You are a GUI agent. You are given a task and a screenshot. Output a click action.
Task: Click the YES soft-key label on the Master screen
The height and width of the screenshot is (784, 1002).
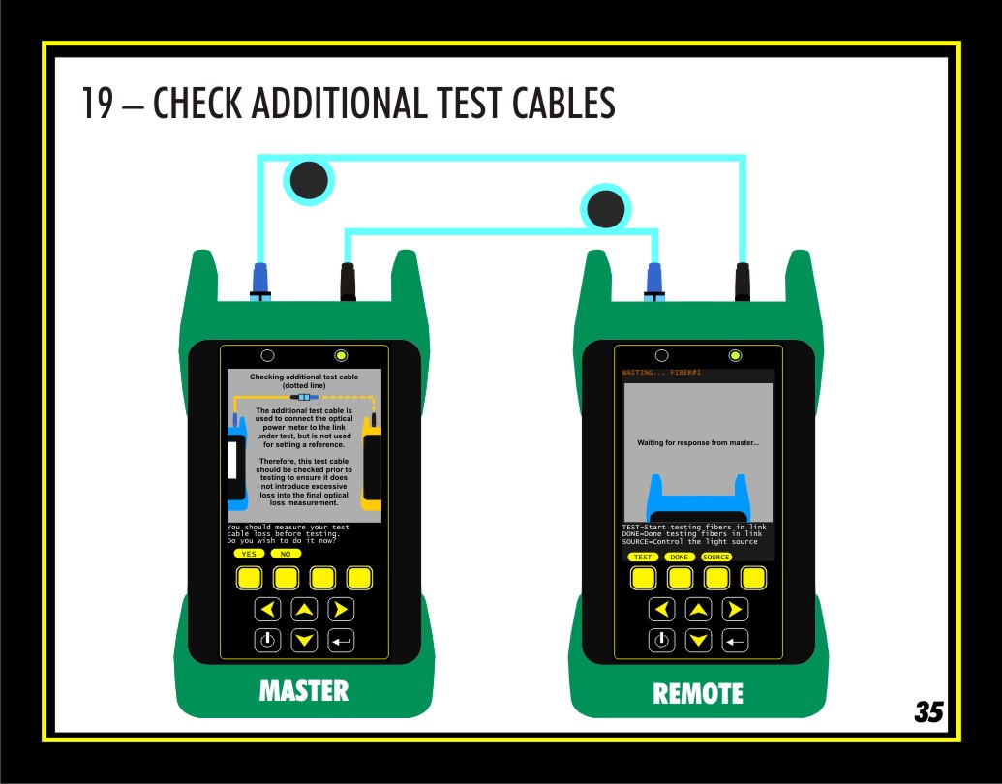tap(249, 554)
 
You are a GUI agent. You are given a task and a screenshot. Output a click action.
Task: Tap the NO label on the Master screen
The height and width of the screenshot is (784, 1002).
tap(286, 554)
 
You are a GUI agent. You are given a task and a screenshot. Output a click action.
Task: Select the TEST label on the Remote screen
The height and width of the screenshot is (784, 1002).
tap(643, 558)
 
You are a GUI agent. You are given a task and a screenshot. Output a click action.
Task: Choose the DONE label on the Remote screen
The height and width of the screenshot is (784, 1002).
tap(680, 558)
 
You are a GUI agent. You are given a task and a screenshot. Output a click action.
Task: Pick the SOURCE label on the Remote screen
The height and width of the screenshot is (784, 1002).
tap(716, 558)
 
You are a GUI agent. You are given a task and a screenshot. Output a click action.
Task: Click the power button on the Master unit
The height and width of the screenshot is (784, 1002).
tap(268, 640)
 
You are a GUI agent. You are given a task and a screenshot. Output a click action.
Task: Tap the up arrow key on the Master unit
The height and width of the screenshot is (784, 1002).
tap(304, 610)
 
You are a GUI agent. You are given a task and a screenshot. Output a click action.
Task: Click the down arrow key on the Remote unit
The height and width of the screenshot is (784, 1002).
tap(698, 640)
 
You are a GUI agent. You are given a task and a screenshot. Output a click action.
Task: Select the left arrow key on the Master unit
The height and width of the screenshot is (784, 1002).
tap(268, 610)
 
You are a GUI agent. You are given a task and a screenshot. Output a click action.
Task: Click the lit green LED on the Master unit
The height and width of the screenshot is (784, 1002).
tap(341, 355)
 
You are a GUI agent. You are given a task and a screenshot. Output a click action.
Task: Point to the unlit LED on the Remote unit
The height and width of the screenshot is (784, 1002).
tap(662, 355)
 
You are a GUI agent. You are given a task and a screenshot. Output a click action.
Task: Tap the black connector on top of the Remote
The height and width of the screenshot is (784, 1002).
tap(743, 282)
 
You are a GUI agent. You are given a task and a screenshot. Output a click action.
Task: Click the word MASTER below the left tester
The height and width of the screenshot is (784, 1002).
tap(304, 691)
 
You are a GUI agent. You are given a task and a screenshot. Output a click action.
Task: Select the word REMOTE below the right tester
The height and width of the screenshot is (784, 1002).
tap(698, 693)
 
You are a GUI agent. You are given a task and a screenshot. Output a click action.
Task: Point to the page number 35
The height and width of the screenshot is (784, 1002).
tap(928, 711)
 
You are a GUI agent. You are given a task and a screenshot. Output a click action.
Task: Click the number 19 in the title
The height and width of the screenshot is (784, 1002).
tap(98, 103)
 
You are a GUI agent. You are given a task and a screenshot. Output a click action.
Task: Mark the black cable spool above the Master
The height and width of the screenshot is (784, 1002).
tap(309, 180)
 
